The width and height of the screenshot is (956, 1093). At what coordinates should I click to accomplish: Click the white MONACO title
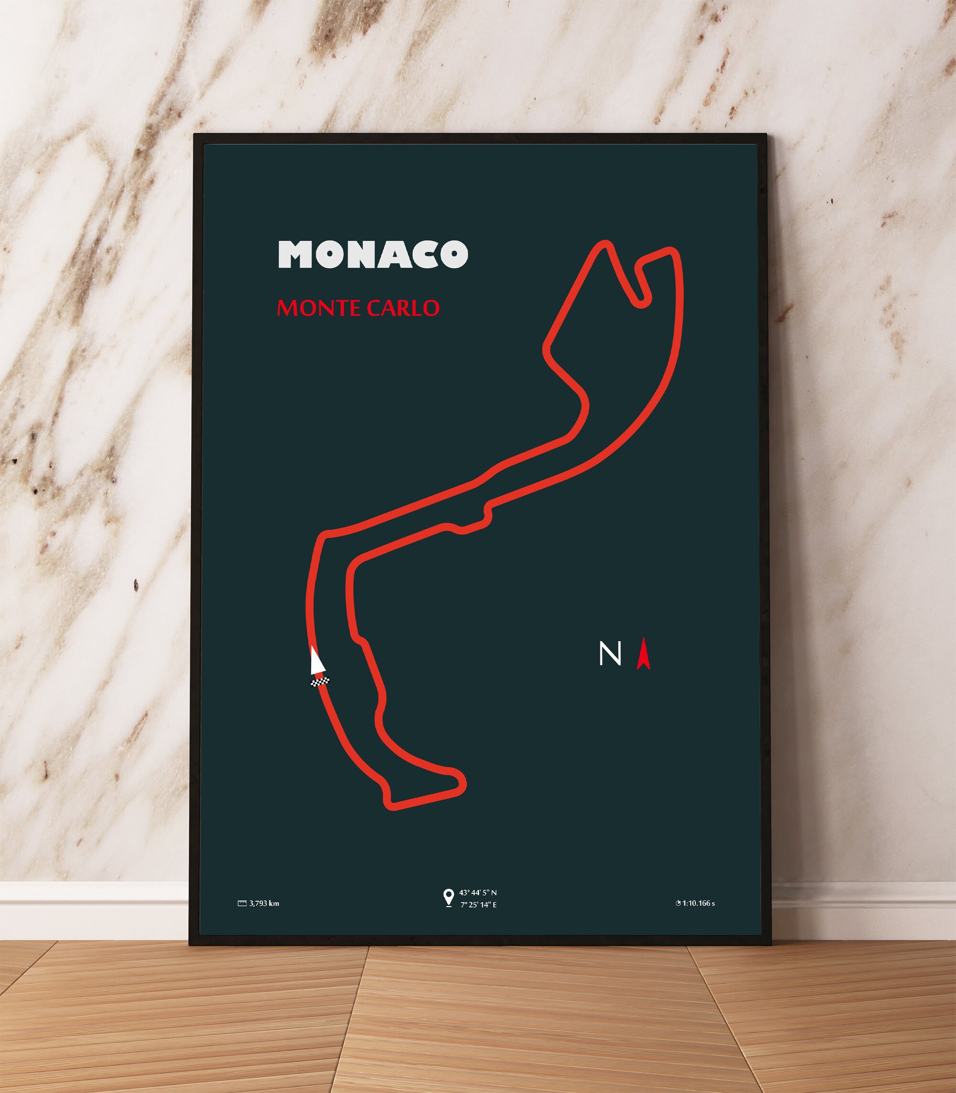tap(373, 254)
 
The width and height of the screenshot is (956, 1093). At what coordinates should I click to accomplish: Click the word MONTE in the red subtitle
tap(313, 308)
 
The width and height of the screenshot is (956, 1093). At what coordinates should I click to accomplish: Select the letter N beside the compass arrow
tap(610, 653)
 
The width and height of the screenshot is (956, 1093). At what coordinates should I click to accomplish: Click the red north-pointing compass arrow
tap(643, 653)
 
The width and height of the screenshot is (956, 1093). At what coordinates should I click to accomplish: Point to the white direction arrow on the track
tap(317, 661)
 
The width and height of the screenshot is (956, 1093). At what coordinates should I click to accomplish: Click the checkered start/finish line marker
tap(320, 681)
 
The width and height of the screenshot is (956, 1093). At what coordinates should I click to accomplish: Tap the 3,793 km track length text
tap(264, 904)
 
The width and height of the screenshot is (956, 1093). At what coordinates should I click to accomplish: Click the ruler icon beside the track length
tap(242, 904)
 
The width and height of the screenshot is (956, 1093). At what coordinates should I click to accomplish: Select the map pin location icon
tap(449, 897)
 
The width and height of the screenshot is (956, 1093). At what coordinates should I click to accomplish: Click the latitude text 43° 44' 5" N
tap(478, 892)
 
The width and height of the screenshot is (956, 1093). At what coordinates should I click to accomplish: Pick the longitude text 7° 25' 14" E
tap(478, 905)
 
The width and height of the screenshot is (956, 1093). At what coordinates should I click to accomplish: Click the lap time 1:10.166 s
tap(698, 904)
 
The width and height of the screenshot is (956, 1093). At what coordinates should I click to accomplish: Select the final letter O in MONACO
tap(454, 254)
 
